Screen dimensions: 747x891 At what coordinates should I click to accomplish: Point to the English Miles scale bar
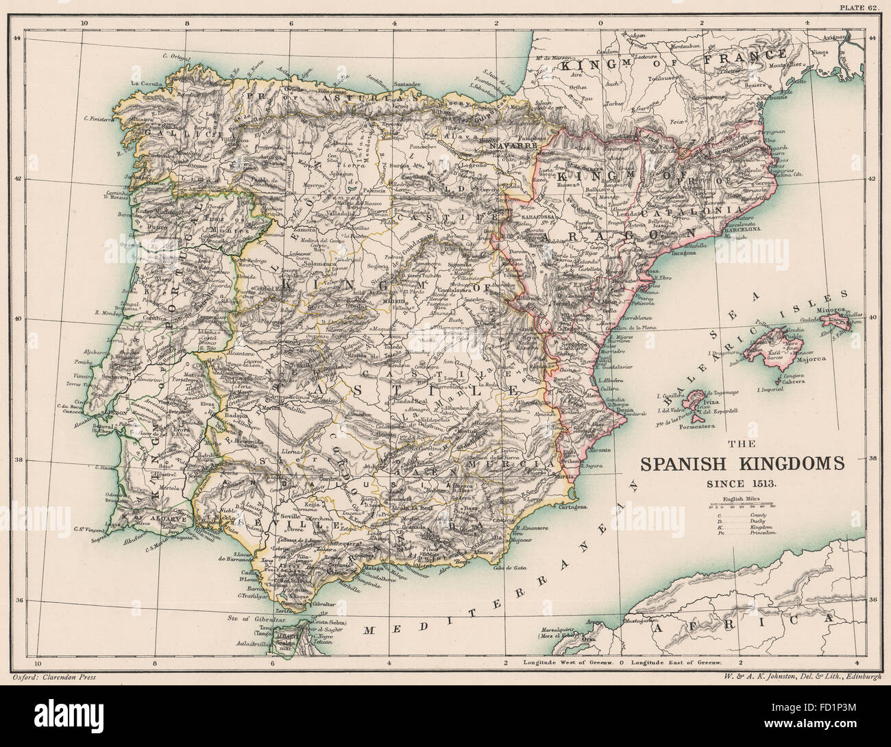[x=742, y=506]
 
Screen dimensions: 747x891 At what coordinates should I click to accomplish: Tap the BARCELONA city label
[x=743, y=230]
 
